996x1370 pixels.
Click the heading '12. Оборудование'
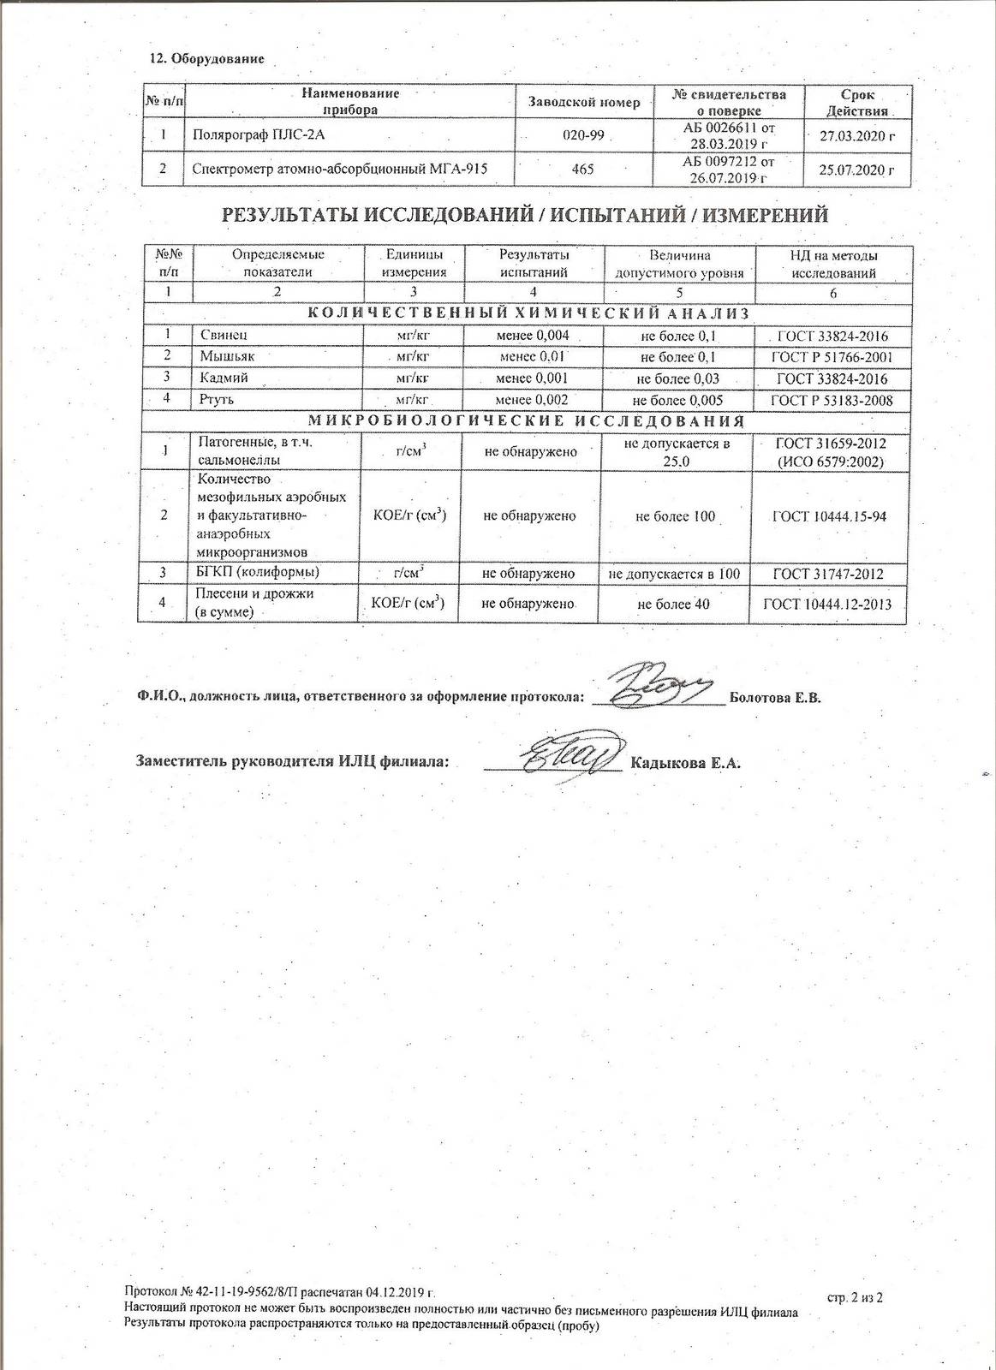pos(206,59)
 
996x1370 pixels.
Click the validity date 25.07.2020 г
pos(856,170)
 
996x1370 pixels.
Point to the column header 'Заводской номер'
pos(584,103)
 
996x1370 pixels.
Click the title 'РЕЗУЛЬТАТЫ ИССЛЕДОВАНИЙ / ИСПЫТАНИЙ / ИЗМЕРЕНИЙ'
pos(525,215)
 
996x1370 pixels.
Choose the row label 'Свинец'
pos(224,335)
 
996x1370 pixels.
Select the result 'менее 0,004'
pos(533,335)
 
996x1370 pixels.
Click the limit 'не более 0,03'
pos(677,378)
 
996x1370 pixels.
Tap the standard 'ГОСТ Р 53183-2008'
pos(832,400)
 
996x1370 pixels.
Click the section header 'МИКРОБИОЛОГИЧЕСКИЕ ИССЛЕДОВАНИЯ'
pos(525,421)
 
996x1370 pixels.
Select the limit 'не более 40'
pos(674,605)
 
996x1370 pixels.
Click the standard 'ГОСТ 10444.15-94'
pos(828,516)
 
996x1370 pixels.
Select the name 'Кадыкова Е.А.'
pos(684,763)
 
